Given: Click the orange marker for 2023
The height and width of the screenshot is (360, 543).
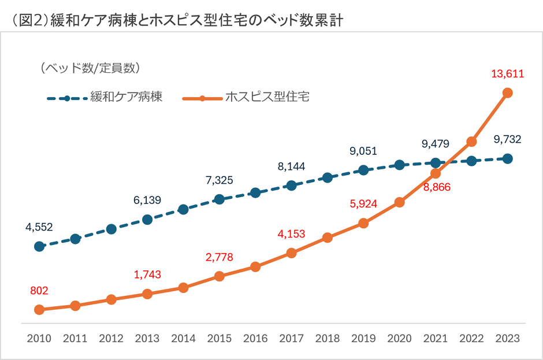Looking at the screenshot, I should [508, 93].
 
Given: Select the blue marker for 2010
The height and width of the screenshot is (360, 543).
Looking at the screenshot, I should [39, 246].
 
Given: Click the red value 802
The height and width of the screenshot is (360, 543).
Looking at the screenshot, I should [39, 291].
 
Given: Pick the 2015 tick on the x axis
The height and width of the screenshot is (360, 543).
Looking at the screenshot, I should [219, 339].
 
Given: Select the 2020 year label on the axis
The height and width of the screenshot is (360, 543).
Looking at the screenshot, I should [399, 339].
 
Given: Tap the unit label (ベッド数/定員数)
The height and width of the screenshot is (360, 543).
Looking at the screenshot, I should [90, 68].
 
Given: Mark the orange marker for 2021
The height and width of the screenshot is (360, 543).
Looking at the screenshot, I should [436, 173].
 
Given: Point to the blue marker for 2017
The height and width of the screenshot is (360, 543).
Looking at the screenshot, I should [291, 185].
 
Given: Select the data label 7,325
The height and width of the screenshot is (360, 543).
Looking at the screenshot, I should [219, 180].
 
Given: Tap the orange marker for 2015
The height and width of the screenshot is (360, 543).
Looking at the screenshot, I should [219, 276].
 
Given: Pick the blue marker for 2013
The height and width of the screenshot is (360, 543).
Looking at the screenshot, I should [147, 219].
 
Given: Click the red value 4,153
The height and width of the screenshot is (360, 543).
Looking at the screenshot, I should [291, 234].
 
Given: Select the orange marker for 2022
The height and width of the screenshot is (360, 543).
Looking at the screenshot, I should [471, 141].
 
